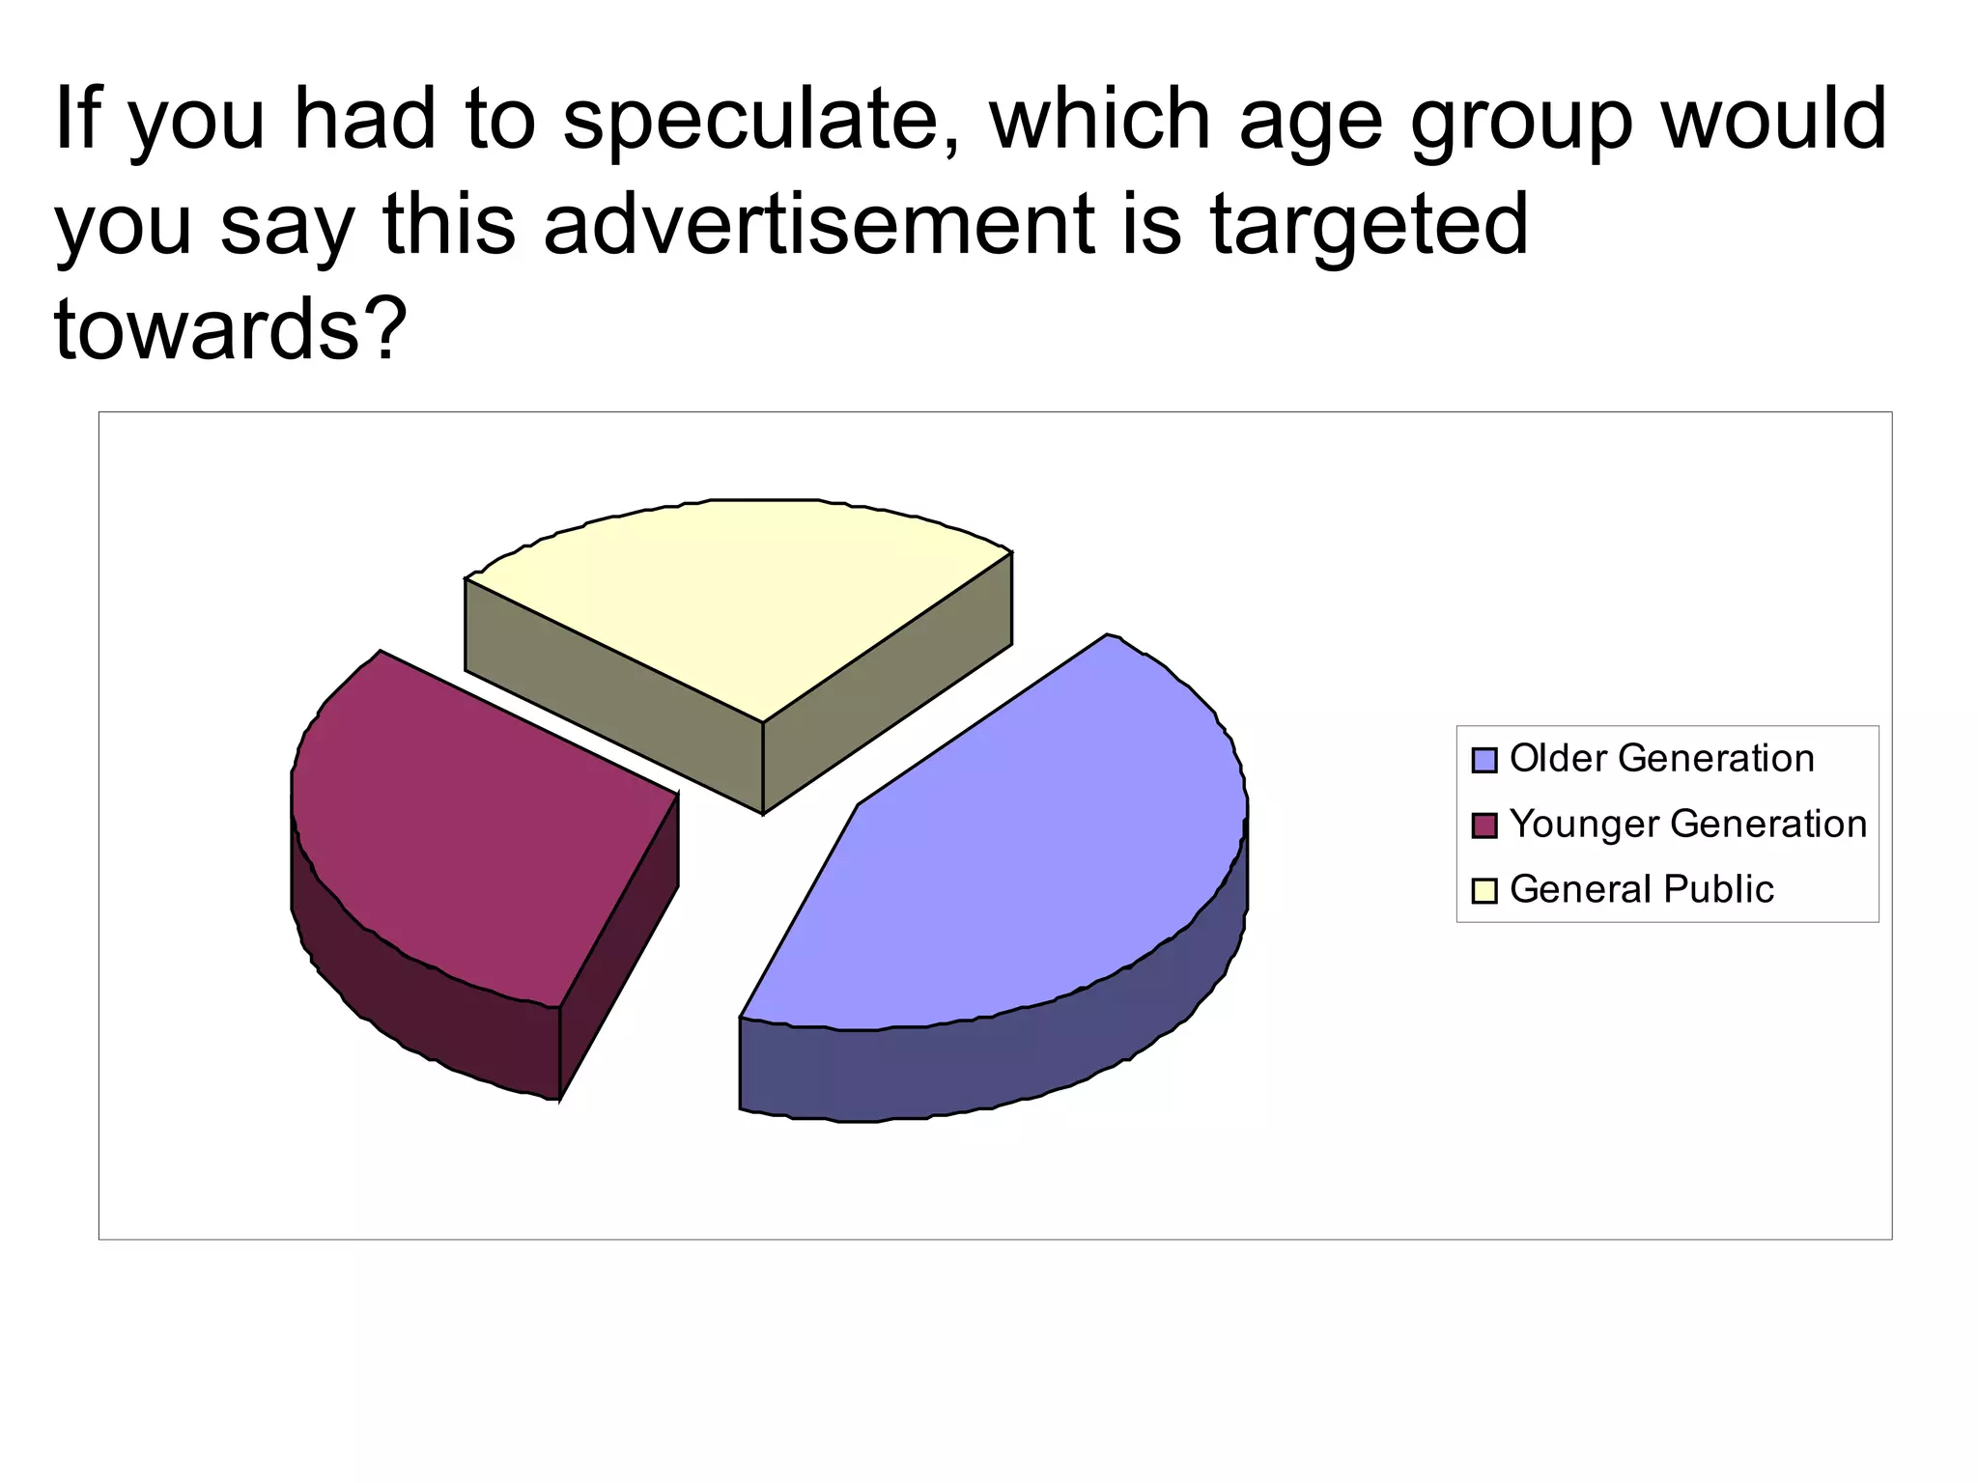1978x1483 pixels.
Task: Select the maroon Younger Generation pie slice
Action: (x=464, y=821)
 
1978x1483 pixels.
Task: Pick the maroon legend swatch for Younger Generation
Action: (x=1483, y=825)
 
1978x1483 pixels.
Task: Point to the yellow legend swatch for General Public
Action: (x=1483, y=890)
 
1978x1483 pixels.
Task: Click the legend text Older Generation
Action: (x=1661, y=759)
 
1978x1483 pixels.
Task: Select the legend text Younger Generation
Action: (x=1688, y=825)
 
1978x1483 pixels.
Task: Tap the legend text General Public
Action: (x=1641, y=889)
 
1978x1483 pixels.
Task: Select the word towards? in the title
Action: (x=226, y=329)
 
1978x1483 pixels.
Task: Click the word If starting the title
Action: (x=74, y=121)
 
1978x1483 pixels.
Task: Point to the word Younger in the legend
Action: (x=1584, y=825)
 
